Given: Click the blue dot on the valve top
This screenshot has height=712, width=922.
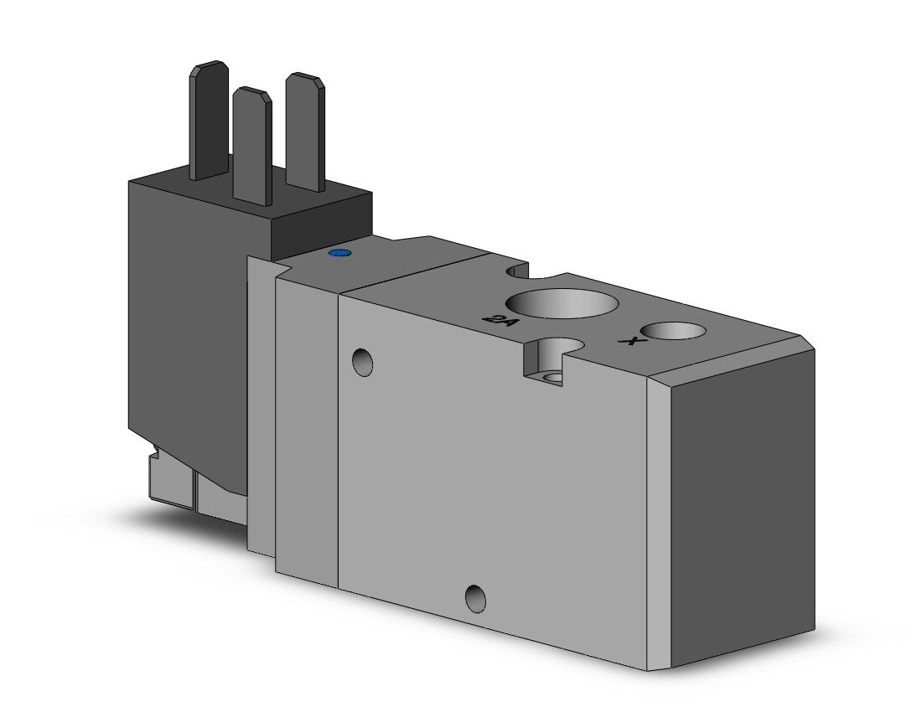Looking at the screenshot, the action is click(339, 253).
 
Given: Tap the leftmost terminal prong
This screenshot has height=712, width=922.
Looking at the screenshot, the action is click(210, 120).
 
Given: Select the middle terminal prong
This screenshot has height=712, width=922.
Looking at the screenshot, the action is click(252, 147).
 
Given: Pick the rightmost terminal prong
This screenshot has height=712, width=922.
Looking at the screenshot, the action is click(305, 132).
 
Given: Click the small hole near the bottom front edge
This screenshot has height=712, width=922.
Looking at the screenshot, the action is click(475, 599).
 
